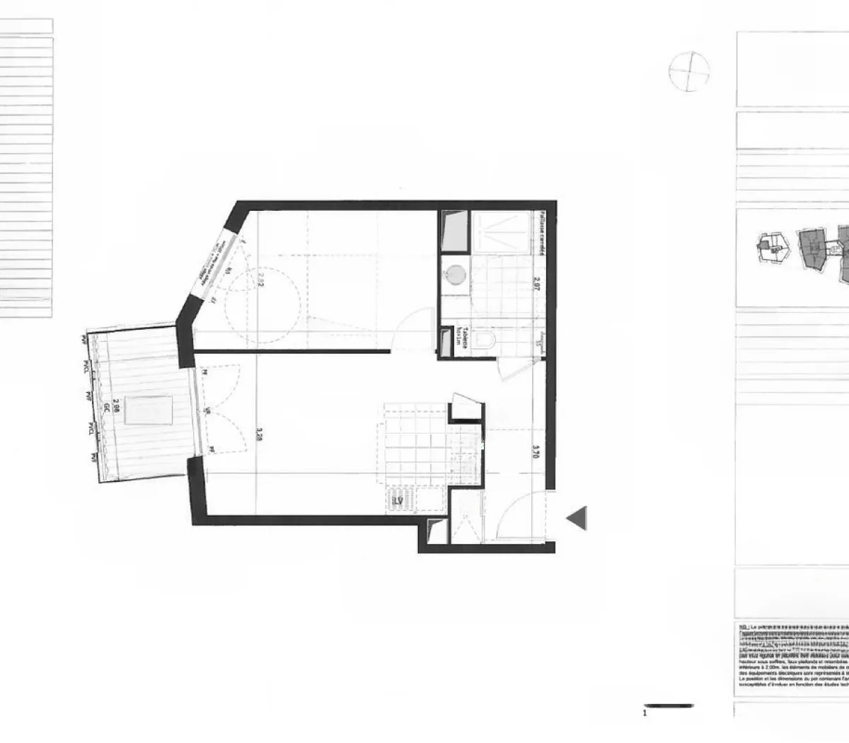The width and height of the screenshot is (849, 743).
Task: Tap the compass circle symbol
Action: pos(689,72)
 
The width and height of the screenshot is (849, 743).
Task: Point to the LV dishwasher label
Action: pos(398,502)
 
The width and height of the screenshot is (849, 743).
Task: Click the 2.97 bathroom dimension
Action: pos(538,284)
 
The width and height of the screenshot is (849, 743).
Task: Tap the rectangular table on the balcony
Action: pos(149,410)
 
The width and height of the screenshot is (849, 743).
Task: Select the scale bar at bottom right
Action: pos(669,705)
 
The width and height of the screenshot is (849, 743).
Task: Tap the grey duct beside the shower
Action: pos(452,231)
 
